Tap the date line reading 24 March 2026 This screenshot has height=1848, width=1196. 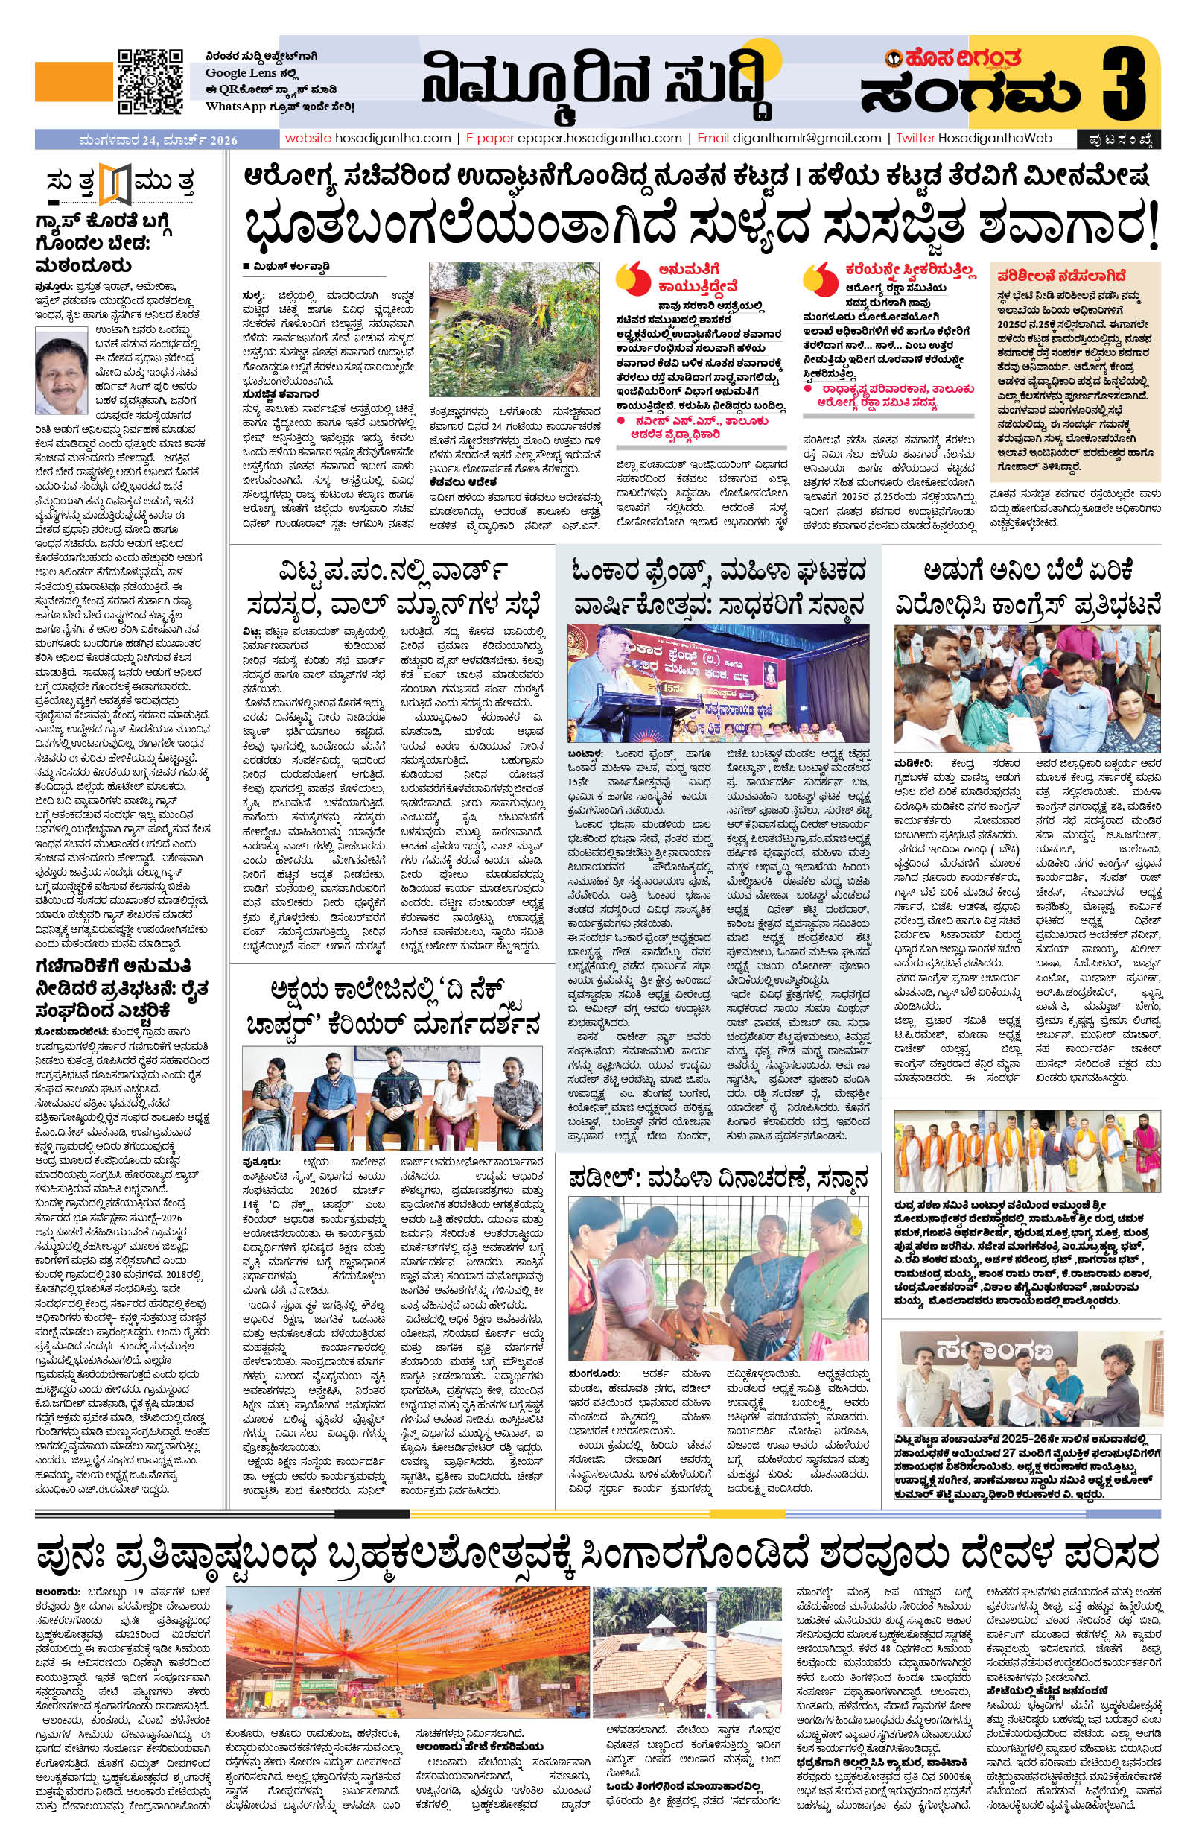tap(159, 141)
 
